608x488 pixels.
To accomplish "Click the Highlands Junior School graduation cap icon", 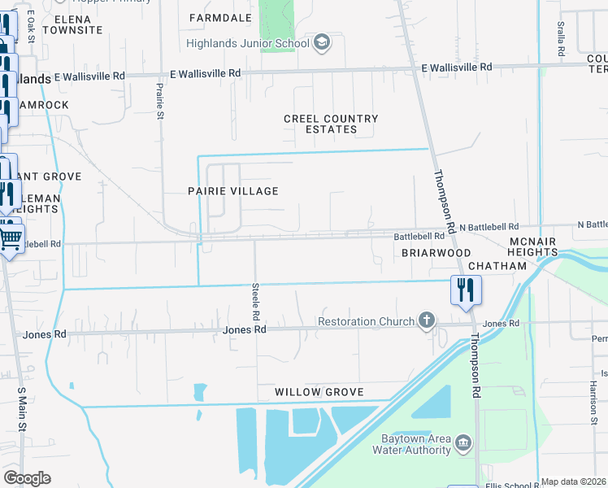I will pyautogui.click(x=321, y=44).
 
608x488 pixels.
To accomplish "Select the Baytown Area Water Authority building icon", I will pyautogui.click(x=463, y=443).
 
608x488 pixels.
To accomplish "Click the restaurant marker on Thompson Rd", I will pyautogui.click(x=466, y=291).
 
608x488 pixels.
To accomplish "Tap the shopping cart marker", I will pyautogui.click(x=11, y=238).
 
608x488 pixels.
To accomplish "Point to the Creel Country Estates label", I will pyautogui.click(x=331, y=124).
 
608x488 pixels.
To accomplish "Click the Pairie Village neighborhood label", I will pyautogui.click(x=234, y=191).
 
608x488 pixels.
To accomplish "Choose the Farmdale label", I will pyautogui.click(x=220, y=17).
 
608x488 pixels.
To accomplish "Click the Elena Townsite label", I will pyautogui.click(x=73, y=23).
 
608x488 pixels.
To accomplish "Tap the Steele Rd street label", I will pyautogui.click(x=255, y=302).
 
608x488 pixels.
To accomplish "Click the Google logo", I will pyautogui.click(x=27, y=478).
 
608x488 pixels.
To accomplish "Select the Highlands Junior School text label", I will pyautogui.click(x=248, y=44).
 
